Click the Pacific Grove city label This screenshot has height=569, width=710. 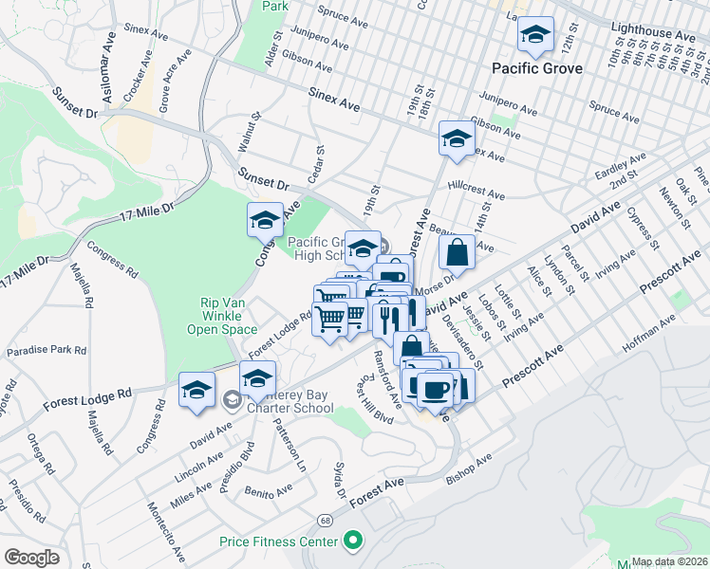point(536,68)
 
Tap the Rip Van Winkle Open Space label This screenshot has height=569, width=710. point(229,316)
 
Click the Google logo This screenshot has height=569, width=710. point(31,558)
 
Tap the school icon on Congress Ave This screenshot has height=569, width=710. point(265,221)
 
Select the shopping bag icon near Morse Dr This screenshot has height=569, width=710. point(458,253)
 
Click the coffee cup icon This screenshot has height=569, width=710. point(436,388)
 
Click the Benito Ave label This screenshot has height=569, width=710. point(268,493)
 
